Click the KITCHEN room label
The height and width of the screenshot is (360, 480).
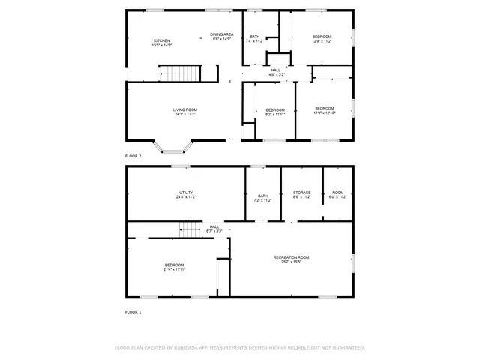point(162,40)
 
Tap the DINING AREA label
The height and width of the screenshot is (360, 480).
point(222,34)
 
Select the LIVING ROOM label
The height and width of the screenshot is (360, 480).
point(184,109)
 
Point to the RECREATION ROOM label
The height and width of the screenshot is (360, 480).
point(290,257)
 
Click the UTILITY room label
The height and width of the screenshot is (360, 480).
point(186,193)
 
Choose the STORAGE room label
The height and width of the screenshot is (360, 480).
point(301,193)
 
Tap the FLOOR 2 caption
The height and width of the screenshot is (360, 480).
point(133,155)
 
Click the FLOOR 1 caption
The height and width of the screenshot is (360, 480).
point(133,311)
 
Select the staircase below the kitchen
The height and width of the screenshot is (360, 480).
point(181,73)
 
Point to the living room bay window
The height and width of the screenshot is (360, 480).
point(172,146)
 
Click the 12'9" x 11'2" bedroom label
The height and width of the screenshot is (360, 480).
point(322,37)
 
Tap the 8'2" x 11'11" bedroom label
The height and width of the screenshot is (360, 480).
point(276,110)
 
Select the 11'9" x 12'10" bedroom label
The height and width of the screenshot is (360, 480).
point(325,108)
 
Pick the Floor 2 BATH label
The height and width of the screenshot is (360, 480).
point(255,37)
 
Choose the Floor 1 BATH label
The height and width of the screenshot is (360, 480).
point(262,196)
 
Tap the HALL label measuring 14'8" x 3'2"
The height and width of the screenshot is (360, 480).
point(276,70)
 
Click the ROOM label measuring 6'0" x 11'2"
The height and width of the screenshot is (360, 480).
point(337,193)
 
